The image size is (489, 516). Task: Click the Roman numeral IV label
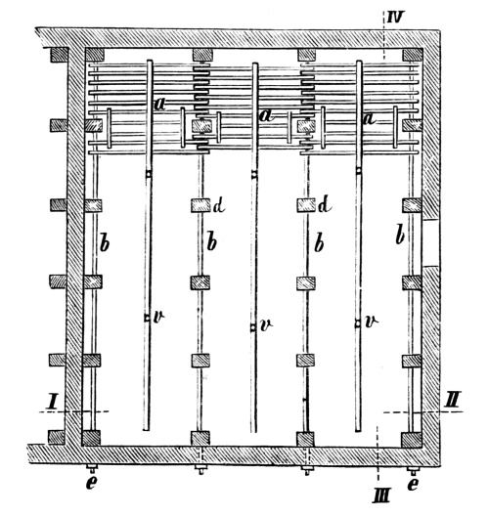(x=394, y=17)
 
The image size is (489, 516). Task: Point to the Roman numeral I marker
(x=52, y=402)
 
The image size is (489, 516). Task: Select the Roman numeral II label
(x=452, y=399)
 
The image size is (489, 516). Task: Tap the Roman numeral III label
(x=382, y=495)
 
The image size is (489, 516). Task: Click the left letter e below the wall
(x=92, y=483)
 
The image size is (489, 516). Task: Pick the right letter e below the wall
(x=413, y=484)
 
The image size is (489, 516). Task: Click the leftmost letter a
(x=160, y=105)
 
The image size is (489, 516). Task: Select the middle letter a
(x=266, y=115)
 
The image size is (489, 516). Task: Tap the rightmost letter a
(x=370, y=118)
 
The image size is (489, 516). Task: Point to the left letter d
(x=219, y=205)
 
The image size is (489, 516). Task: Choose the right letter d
(x=325, y=205)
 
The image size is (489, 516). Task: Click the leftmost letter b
(x=105, y=243)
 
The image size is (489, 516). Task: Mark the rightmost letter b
(x=400, y=236)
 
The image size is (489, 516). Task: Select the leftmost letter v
(x=158, y=317)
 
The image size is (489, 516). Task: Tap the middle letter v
(x=266, y=325)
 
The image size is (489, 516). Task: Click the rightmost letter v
(x=372, y=322)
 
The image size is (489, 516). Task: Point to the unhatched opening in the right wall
(x=431, y=242)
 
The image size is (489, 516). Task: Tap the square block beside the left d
(x=200, y=205)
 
